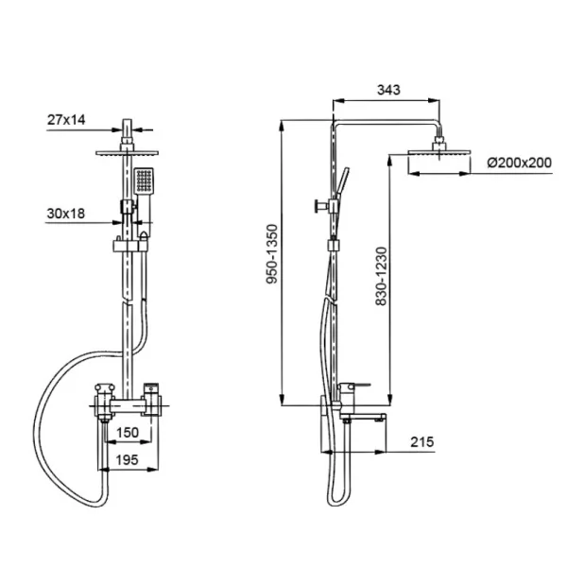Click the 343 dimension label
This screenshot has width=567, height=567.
[388, 90]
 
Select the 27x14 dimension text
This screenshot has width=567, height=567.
[66, 120]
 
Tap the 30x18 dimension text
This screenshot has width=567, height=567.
[66, 214]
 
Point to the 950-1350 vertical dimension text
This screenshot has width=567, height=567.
[271, 254]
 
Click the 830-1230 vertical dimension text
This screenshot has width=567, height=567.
[381, 276]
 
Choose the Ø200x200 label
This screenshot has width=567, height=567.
[519, 163]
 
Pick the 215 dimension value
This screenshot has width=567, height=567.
[422, 442]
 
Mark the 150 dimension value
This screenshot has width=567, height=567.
[128, 433]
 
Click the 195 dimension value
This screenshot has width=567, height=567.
[128, 460]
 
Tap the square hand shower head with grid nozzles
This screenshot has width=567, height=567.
[144, 180]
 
